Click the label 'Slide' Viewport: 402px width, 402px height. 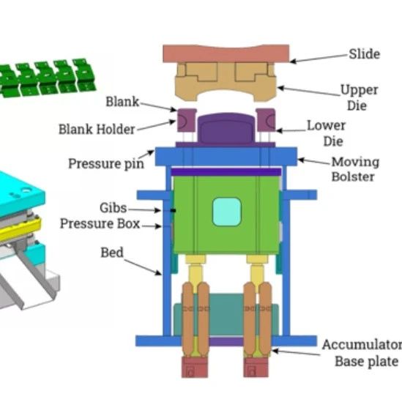[365, 54]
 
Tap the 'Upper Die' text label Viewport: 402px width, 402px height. [359, 97]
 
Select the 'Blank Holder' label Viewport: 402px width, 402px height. [97, 129]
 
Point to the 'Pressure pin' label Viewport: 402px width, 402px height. [106, 163]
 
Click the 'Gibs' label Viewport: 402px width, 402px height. [113, 208]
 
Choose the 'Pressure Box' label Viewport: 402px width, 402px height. [100, 223]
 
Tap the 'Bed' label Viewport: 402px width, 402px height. [112, 253]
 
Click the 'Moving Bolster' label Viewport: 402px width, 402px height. [355, 169]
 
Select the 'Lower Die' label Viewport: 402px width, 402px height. [327, 133]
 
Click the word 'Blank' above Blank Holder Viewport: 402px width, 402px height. [122, 102]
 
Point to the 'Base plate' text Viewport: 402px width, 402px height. [367, 362]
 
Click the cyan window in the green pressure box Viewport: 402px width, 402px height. [227, 212]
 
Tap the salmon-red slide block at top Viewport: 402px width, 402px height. [226, 53]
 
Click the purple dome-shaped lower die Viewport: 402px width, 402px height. [227, 128]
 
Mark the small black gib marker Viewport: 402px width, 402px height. [174, 210]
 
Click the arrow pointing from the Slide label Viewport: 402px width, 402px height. [319, 58]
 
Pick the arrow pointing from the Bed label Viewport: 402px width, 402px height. [143, 267]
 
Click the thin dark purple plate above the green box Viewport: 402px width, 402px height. [226, 172]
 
